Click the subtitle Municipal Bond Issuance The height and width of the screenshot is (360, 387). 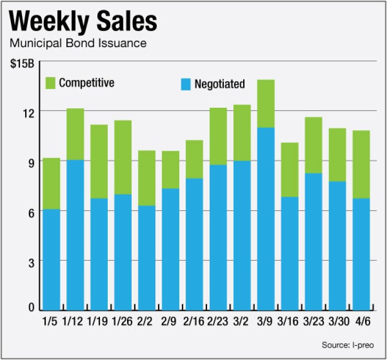pos(78,43)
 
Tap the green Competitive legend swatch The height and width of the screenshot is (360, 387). pos(50,83)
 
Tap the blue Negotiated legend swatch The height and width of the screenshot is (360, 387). pos(185,84)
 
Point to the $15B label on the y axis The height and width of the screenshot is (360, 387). pos(22,64)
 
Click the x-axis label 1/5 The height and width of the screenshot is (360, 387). pos(51,319)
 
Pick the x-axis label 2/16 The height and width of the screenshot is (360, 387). pos(195,319)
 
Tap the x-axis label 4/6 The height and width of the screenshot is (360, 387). pos(361,319)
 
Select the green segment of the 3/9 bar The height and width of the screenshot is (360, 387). pos(266,104)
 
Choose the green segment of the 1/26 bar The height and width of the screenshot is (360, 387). pos(122,157)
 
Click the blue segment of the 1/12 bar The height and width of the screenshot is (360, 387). pos(75,235)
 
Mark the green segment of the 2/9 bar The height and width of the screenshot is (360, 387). pos(170,170)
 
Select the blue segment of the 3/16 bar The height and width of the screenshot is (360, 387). pos(290,253)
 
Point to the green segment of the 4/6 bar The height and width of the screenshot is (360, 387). pos(361,164)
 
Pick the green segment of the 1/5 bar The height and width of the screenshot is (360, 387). pos(51,184)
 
